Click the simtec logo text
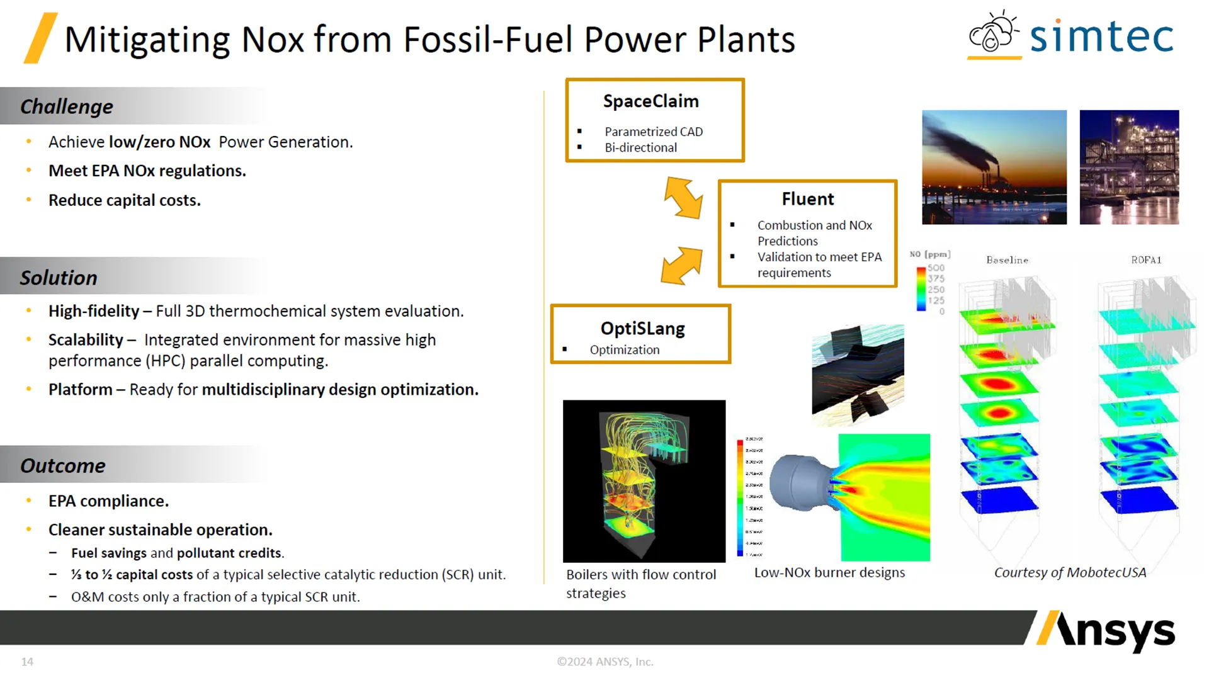[1101, 37]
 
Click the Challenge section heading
[67, 106]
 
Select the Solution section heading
[59, 278]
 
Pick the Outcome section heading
[63, 465]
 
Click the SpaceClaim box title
[650, 101]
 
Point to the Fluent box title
[807, 199]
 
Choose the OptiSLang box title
[642, 328]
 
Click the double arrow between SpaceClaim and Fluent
[683, 198]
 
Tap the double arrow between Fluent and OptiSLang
[681, 265]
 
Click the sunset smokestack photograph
[994, 167]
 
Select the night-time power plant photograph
[1128, 167]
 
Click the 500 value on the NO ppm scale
[936, 268]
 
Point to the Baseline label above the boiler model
[1007, 260]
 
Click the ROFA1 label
[1145, 260]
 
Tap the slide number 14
[27, 662]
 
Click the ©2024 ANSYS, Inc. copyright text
[604, 662]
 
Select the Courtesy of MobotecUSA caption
[1069, 572]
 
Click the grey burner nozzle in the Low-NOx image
[797, 482]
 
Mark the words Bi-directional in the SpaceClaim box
[640, 147]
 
